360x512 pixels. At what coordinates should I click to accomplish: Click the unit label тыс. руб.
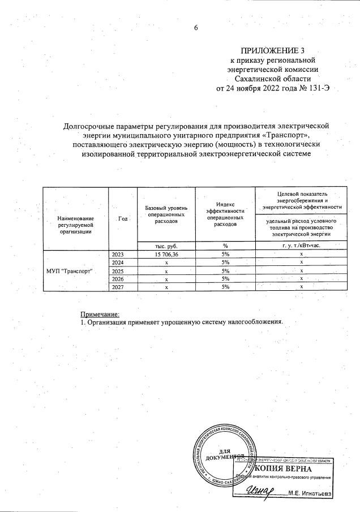166,246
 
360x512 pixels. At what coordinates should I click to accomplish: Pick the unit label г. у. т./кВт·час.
301,246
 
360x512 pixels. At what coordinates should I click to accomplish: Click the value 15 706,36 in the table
166,255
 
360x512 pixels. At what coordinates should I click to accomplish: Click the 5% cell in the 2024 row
225,263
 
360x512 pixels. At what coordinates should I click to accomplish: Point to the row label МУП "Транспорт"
69,271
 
